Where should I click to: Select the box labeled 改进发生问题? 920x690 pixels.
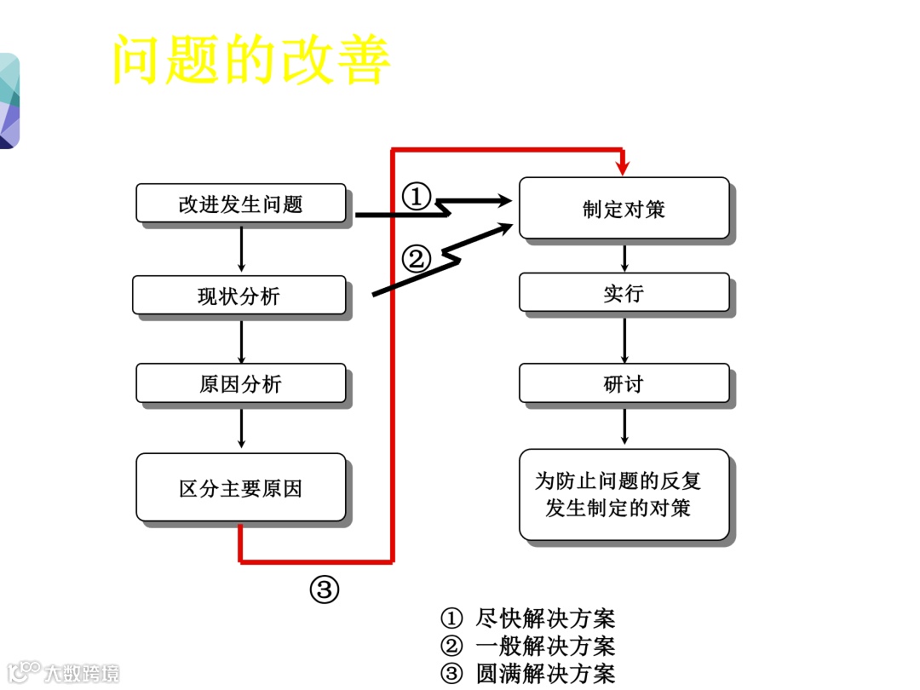[x=241, y=204]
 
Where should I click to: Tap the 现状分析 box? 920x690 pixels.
[x=239, y=296]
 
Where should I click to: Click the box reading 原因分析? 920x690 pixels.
[x=241, y=383]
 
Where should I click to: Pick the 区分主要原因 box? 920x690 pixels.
[x=241, y=488]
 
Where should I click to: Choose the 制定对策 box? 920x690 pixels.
[x=624, y=209]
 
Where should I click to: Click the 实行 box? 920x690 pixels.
[x=624, y=293]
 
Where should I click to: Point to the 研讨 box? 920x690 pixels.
[x=624, y=383]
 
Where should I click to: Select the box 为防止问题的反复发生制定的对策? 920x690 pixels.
[x=624, y=495]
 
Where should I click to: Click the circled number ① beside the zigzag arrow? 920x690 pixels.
[x=417, y=197]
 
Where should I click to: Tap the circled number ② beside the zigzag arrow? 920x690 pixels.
[x=417, y=257]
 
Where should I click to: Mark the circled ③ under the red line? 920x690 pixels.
[x=325, y=589]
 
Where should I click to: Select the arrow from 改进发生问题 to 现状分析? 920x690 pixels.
[x=242, y=250]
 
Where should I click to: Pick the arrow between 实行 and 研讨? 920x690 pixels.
[x=624, y=339]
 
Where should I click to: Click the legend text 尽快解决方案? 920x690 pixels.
[x=545, y=618]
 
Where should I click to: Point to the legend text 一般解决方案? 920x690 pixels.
[x=545, y=647]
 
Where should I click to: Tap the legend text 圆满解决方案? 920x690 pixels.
[x=545, y=674]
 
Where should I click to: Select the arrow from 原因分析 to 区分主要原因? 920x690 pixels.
[x=242, y=428]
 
